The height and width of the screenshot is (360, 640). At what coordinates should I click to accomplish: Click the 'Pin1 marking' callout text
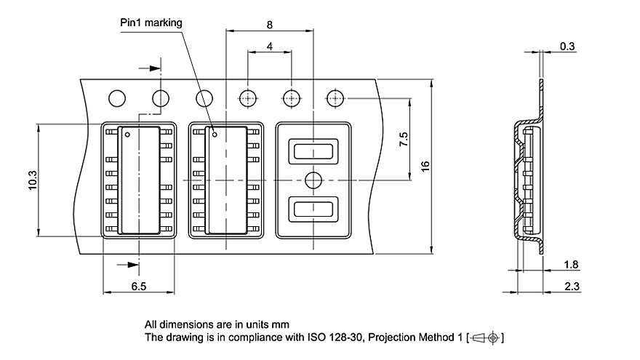pos(151,23)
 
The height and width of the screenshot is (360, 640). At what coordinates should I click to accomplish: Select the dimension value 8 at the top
pos(270,25)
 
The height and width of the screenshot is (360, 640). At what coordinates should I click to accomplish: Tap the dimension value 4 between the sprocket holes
pos(270,47)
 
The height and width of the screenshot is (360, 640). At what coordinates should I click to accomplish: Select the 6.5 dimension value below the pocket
pos(139,287)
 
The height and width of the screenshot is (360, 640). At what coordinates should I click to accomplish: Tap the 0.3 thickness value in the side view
pos(567,47)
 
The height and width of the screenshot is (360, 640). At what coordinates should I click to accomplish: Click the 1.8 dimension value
pos(572,265)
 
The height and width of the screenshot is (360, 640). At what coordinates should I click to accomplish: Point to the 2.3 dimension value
pos(572,287)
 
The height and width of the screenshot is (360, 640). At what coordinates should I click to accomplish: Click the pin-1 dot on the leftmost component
pos(127,135)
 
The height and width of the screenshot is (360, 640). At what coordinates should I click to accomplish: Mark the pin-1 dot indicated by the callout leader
pos(215,134)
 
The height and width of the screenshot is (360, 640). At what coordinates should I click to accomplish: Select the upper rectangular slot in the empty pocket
pos(313,151)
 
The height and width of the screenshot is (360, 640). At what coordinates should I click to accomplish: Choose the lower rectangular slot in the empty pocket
pos(313,209)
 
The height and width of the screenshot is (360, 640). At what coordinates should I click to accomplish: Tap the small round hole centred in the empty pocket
pos(313,180)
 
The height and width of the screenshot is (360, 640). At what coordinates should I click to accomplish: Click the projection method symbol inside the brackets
pos(487,337)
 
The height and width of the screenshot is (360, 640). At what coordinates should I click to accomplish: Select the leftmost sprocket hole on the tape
pos(116,97)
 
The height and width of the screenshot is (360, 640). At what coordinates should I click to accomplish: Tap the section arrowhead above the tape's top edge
pos(154,68)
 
